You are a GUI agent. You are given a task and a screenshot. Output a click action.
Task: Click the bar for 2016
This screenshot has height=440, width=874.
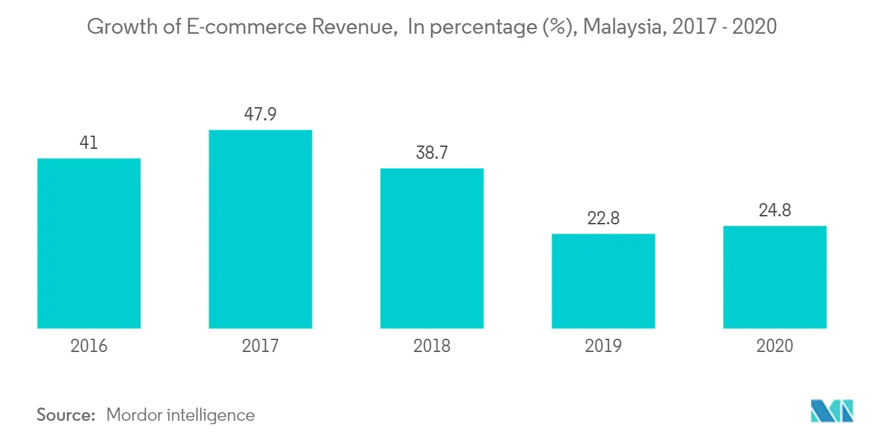[89, 243]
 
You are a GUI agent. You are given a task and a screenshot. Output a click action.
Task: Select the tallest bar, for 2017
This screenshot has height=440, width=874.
[260, 229]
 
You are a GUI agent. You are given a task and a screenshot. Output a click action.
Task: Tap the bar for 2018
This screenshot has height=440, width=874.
[432, 248]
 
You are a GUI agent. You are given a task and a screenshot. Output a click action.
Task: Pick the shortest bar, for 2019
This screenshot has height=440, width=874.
[603, 281]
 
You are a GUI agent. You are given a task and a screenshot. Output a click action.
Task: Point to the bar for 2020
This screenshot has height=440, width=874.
[775, 277]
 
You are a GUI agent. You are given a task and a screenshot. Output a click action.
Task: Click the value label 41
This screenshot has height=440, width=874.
[89, 142]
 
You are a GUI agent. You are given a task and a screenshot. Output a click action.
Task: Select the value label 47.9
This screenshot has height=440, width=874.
[260, 114]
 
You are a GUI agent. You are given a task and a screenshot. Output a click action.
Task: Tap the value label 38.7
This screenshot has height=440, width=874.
[432, 153]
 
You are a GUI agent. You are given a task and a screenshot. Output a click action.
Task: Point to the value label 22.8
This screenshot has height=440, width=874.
[603, 218]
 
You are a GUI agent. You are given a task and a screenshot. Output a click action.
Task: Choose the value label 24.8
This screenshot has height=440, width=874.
[775, 210]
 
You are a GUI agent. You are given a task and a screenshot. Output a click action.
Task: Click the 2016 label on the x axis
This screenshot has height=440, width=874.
[89, 346]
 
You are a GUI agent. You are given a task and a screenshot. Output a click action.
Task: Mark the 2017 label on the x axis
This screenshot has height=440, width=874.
[260, 346]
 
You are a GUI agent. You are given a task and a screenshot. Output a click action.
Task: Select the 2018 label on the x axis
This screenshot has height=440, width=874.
[432, 346]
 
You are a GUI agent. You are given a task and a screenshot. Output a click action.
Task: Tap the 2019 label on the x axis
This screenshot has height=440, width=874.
[603, 346]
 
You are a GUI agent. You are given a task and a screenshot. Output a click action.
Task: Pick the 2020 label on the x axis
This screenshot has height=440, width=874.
[775, 346]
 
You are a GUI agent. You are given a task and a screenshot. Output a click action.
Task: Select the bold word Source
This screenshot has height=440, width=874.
[66, 415]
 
